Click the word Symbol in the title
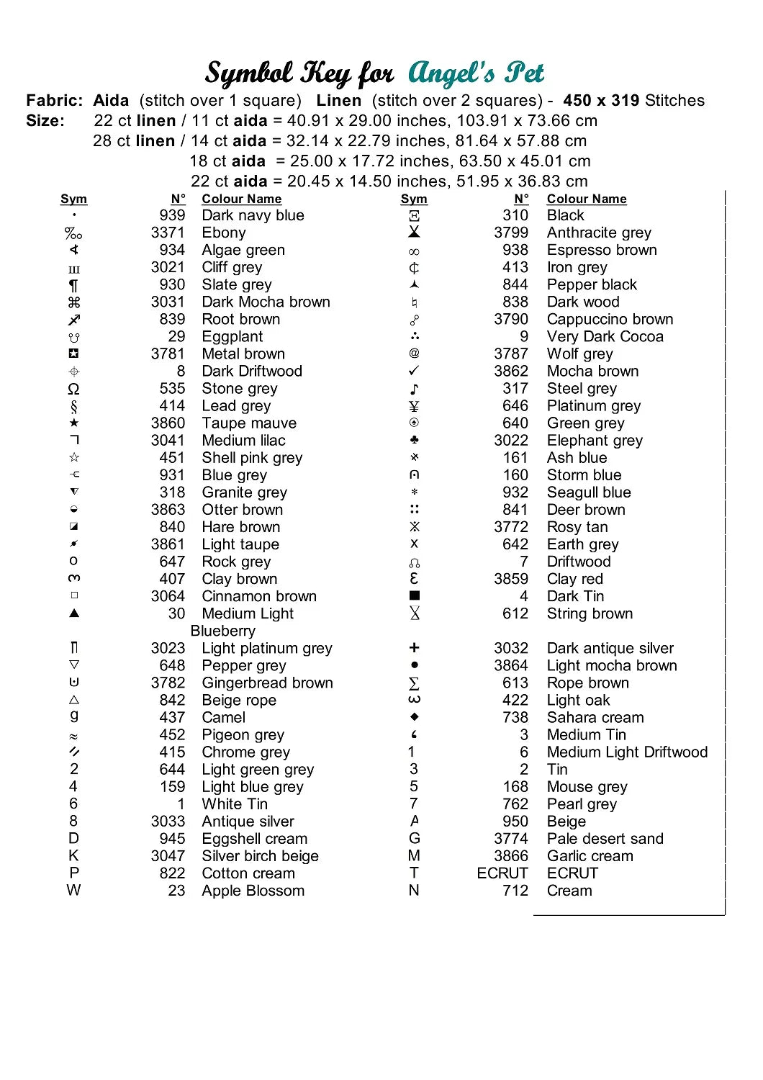pyautogui.click(x=249, y=73)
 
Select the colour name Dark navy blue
pyautogui.click(x=253, y=215)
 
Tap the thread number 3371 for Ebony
pyautogui.click(x=168, y=233)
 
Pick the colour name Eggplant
pyautogui.click(x=232, y=336)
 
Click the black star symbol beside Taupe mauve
pyautogui.click(x=74, y=423)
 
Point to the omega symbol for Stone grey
pyautogui.click(x=73, y=389)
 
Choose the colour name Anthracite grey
pyautogui.click(x=599, y=233)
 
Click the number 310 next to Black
pyautogui.click(x=515, y=215)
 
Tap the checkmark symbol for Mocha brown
pyautogui.click(x=414, y=371)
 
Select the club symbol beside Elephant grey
pyautogui.click(x=414, y=439)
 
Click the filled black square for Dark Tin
pyautogui.click(x=414, y=595)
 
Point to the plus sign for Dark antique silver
pyautogui.click(x=414, y=648)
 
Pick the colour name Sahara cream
pyautogui.click(x=595, y=717)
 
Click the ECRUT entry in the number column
pyautogui.click(x=502, y=873)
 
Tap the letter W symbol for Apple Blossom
pyautogui.click(x=73, y=891)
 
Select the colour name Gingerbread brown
pyautogui.click(x=267, y=683)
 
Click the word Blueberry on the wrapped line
pyautogui.click(x=223, y=631)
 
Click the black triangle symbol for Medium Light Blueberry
pyautogui.click(x=74, y=613)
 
